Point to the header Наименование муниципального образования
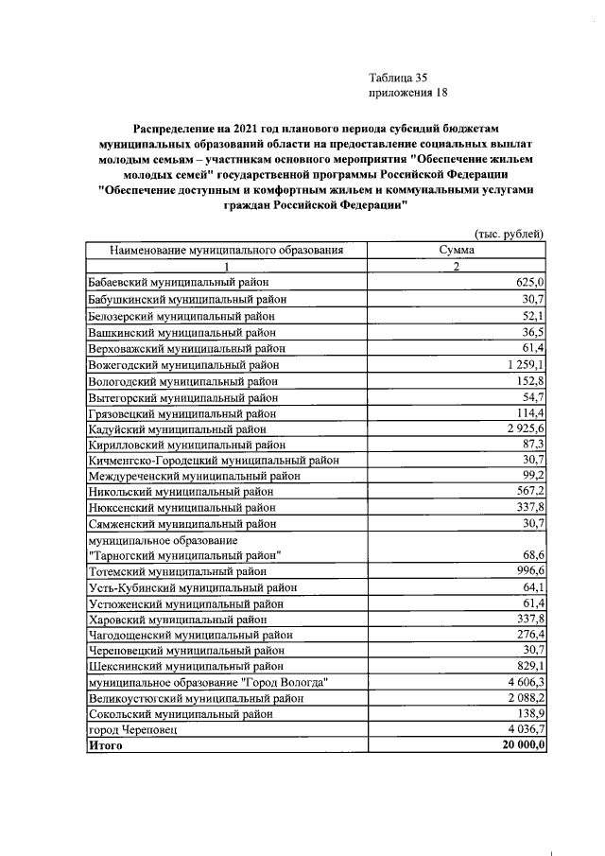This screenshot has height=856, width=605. (x=225, y=251)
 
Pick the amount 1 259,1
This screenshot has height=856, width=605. (x=523, y=363)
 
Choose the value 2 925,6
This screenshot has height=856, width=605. (x=523, y=428)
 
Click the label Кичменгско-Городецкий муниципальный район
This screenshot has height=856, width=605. (x=214, y=460)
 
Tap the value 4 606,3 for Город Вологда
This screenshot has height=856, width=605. (x=523, y=682)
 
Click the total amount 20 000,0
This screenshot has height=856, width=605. (x=520, y=746)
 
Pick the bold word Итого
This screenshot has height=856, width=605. (x=104, y=746)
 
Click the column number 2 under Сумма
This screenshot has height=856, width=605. (x=456, y=267)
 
